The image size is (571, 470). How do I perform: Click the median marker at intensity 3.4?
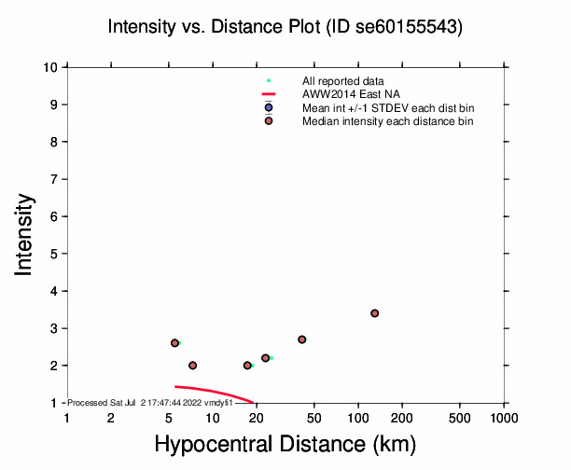374,313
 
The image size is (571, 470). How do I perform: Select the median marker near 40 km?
301,339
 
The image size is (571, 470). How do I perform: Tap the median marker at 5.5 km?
174,343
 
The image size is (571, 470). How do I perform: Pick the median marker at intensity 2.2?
266,358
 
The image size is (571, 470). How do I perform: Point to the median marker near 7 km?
192,366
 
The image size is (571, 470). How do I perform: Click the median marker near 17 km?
247,366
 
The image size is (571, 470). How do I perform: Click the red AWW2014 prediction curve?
215,391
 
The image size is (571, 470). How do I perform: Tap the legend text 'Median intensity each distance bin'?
388,121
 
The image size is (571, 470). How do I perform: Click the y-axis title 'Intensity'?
26,234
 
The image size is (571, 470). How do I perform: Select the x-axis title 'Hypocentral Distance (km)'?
285,445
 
